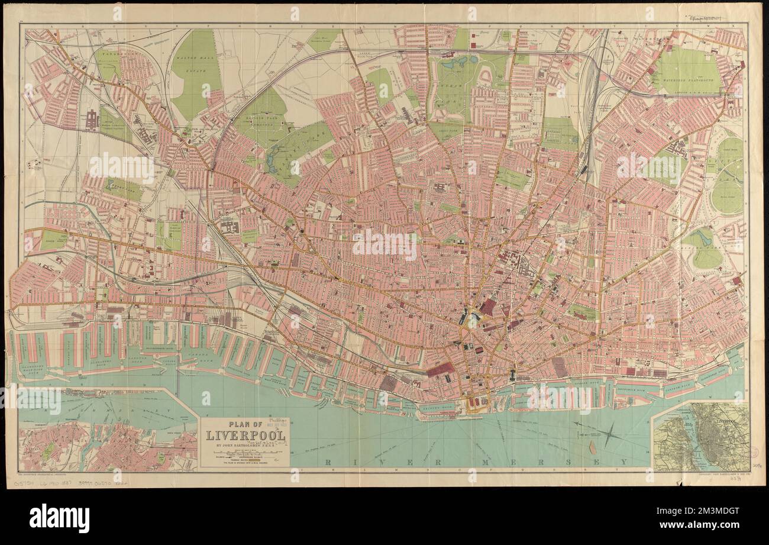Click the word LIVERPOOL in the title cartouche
245,436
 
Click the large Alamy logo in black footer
59,518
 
